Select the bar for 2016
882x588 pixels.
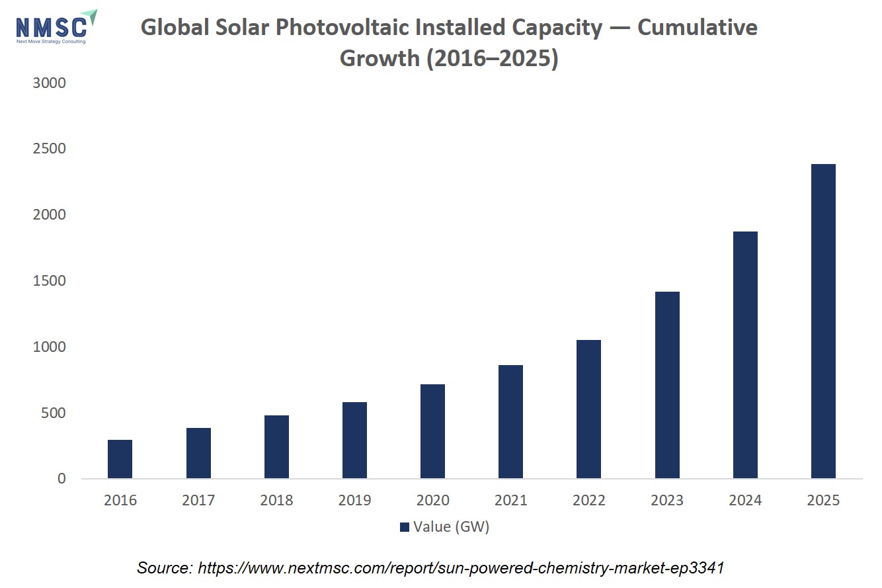point(120,459)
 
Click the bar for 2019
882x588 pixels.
point(355,440)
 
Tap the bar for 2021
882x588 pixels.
point(510,421)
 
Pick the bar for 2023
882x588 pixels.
point(667,385)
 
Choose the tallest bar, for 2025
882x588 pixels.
point(823,321)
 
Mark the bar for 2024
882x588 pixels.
point(745,355)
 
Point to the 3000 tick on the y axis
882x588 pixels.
point(49,83)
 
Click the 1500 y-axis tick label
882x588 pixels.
point(49,281)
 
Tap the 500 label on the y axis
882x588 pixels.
point(53,413)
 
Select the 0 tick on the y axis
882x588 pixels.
point(61,478)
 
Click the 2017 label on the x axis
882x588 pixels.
point(198,500)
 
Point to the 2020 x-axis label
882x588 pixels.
point(432,500)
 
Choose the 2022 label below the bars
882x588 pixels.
point(588,500)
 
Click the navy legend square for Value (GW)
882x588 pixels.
point(405,527)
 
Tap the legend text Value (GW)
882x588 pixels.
point(451,527)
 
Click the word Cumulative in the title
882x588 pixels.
point(698,28)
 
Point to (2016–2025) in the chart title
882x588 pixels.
point(492,59)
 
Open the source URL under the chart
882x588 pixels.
point(461,568)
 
